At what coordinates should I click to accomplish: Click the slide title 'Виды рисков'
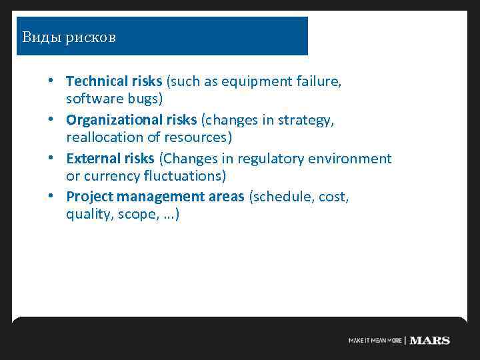point(69,37)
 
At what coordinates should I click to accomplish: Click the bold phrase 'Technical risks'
point(114,81)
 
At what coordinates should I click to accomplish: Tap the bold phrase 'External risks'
point(110,159)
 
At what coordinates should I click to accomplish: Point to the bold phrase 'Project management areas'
point(155,197)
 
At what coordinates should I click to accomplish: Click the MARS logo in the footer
point(429,340)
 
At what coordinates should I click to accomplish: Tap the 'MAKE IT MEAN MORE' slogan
point(375,341)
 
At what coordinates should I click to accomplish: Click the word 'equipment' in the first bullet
point(257,81)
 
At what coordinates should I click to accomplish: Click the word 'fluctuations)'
point(185,177)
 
